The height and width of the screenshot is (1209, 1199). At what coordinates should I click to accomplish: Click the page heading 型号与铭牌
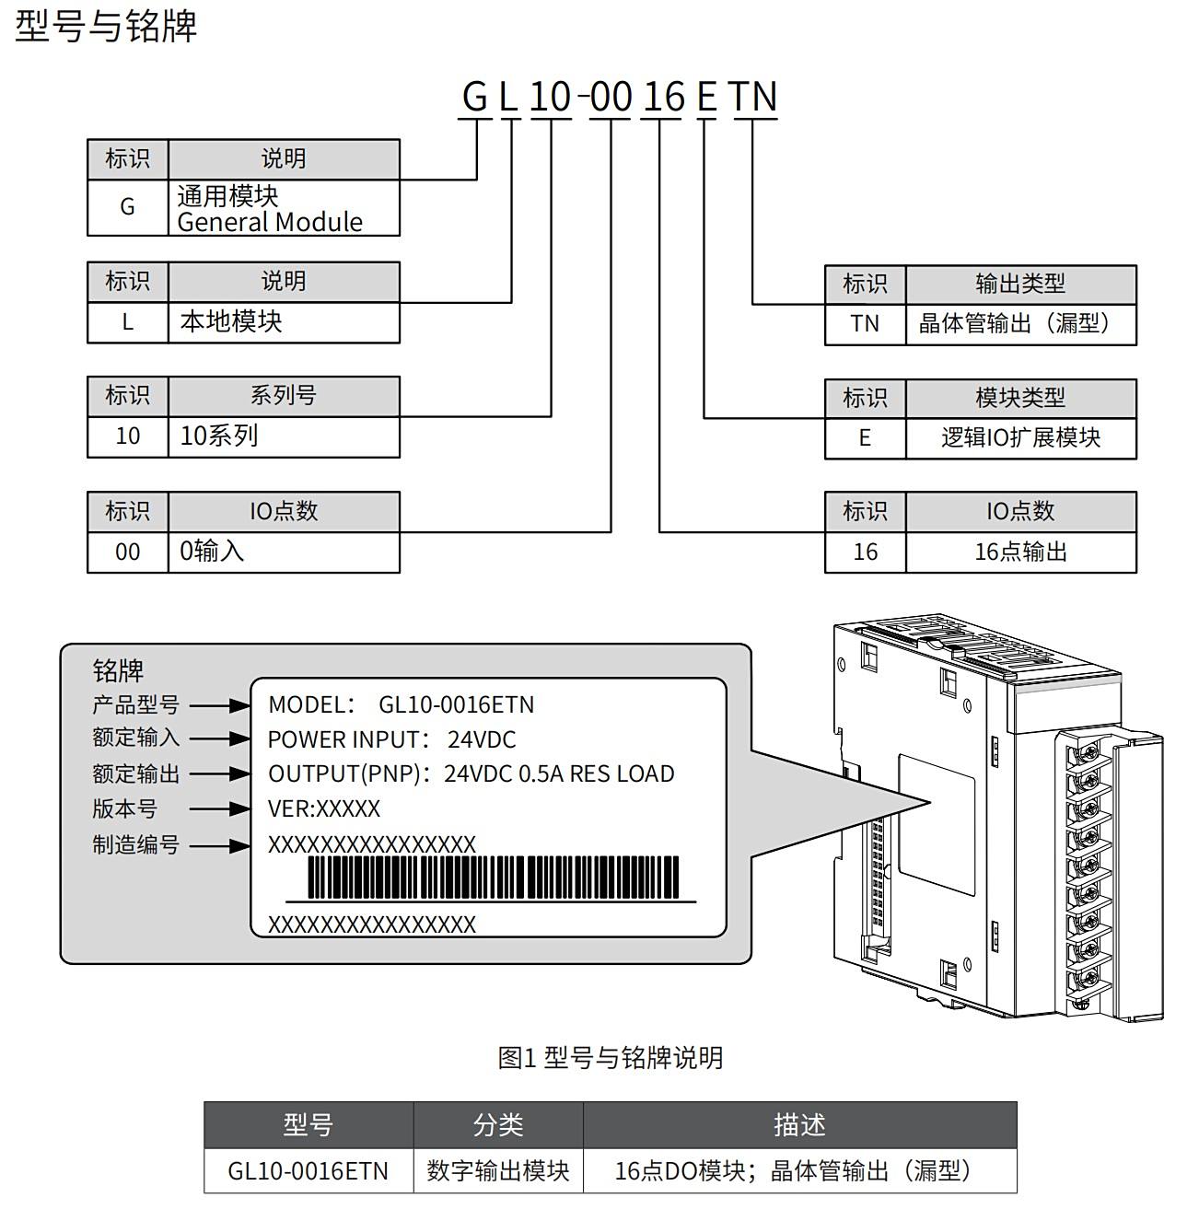point(106,26)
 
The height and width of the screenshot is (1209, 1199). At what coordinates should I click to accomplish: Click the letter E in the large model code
point(706,97)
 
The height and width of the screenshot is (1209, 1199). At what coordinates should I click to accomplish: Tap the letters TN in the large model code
point(754,97)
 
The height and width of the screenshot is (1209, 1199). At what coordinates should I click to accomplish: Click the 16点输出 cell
point(1020,552)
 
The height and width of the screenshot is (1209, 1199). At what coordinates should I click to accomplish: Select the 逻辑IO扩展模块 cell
point(1020,437)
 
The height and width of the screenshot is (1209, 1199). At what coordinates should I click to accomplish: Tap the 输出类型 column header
point(1020,284)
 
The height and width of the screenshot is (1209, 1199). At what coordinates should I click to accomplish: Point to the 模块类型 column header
point(1020,398)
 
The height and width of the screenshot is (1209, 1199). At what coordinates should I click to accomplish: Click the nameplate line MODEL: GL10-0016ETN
point(401,705)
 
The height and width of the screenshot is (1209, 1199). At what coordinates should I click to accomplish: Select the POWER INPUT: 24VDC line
point(391,739)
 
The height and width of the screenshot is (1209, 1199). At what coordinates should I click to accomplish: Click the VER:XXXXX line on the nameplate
point(323,809)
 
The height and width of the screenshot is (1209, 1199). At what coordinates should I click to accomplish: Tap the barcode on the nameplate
point(493,878)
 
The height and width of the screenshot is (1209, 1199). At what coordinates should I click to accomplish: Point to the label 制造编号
point(135,844)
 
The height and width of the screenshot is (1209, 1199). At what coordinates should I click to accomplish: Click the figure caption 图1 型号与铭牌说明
point(610,1058)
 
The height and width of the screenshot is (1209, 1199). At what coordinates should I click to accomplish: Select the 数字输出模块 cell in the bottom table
point(498,1170)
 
